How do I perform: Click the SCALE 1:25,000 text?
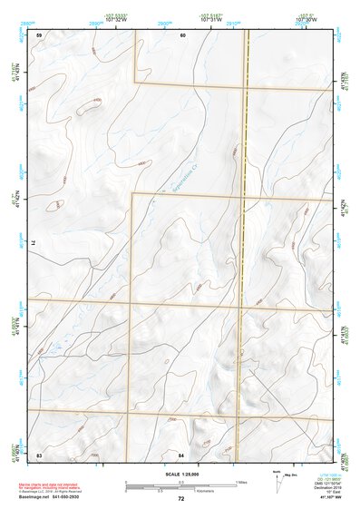pyautogui.click(x=180, y=474)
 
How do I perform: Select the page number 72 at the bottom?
pyautogui.click(x=180, y=499)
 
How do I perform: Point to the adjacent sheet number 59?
pyautogui.click(x=39, y=34)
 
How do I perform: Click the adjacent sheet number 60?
pyautogui.click(x=182, y=34)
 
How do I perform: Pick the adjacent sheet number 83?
pyautogui.click(x=39, y=454)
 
